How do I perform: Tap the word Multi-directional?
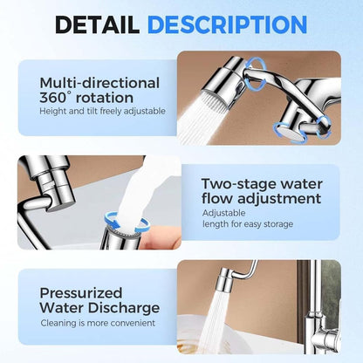[99, 83]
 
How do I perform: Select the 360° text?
[60, 99]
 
